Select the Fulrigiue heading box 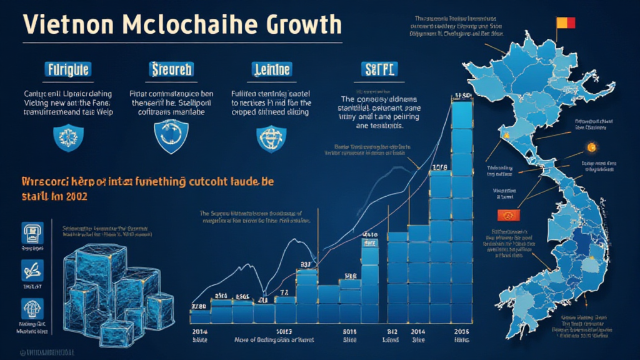pyautogui.click(x=67, y=69)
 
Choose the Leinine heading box pyautogui.click(x=270, y=69)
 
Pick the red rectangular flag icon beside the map pyautogui.click(x=506, y=216)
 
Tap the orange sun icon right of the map pyautogui.click(x=590, y=148)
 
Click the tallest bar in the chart pyautogui.click(x=462, y=206)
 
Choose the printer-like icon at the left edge pyautogui.click(x=31, y=232)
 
